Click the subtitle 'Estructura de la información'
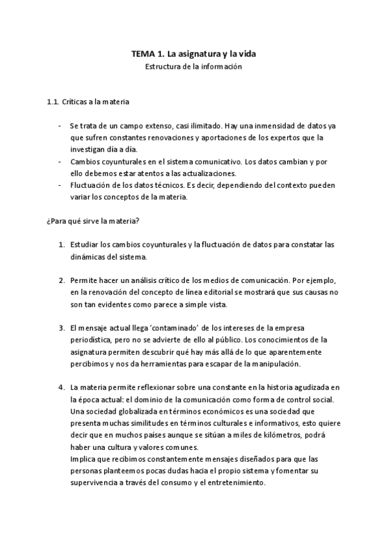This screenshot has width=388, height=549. point(193,67)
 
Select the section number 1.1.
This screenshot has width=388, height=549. point(54,102)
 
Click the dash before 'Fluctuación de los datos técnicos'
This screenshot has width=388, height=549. point(60,185)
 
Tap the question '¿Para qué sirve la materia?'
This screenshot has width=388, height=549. point(93,221)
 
